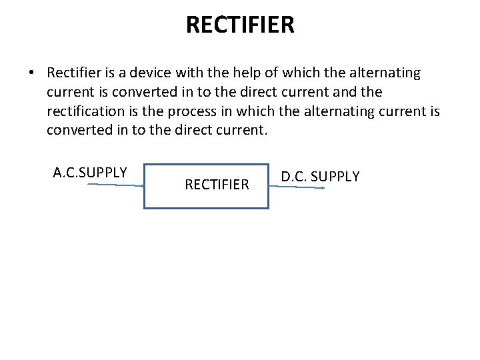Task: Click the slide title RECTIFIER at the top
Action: tap(240, 25)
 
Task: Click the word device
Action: tap(149, 72)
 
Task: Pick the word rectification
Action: tap(85, 111)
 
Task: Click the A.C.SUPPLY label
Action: tap(90, 173)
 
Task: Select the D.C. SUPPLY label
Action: tap(320, 177)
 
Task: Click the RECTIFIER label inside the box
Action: tap(217, 184)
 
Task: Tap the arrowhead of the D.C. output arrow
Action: tap(323, 189)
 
